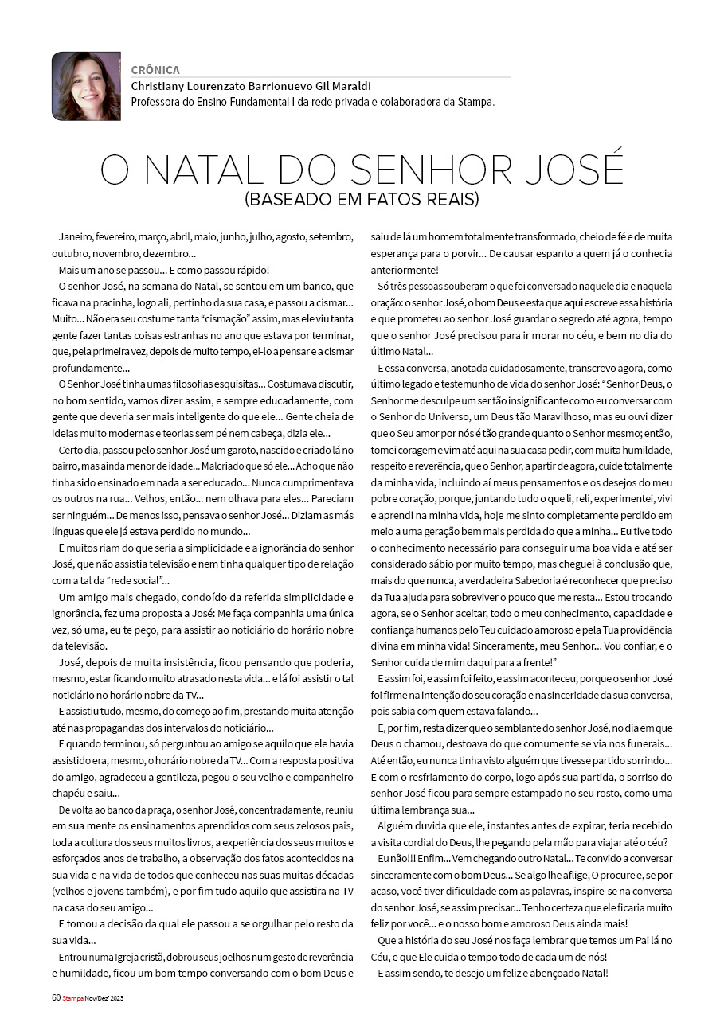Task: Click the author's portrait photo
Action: click(x=86, y=86)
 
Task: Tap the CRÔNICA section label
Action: click(x=155, y=70)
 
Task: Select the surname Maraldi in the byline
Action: click(x=347, y=86)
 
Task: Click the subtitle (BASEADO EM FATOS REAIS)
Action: click(x=362, y=199)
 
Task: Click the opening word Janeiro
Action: click(x=76, y=237)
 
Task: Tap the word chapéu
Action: click(x=69, y=792)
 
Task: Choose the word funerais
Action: click(x=645, y=744)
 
